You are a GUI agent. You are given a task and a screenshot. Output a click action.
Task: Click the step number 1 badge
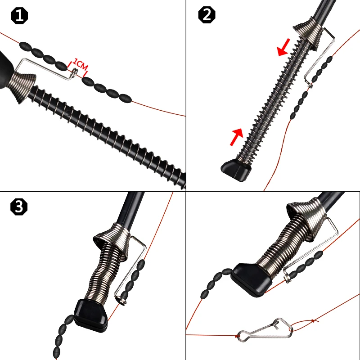[19, 16]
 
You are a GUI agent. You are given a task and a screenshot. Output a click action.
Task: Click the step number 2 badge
[207, 15]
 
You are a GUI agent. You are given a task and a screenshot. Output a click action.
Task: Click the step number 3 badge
[19, 207]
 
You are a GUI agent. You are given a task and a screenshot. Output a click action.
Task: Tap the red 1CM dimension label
[80, 65]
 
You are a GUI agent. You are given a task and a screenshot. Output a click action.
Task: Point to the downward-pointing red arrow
[284, 47]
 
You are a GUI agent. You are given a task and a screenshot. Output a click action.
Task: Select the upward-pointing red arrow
[237, 137]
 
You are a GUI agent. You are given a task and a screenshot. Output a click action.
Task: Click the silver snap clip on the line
[265, 330]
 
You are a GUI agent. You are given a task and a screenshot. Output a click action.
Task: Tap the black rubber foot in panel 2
[236, 170]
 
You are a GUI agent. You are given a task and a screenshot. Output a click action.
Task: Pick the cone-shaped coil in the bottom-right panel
[307, 218]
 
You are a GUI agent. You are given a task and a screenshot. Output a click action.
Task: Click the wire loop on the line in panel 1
[74, 72]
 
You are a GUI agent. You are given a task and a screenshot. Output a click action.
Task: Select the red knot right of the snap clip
[312, 321]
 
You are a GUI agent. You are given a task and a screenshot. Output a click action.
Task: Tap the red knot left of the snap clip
[237, 336]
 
